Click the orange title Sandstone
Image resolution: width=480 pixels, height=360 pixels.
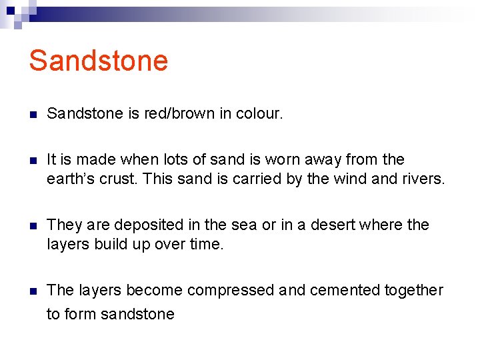click(x=98, y=61)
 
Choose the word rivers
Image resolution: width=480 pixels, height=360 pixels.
click(x=421, y=179)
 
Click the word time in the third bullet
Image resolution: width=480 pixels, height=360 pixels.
click(x=205, y=244)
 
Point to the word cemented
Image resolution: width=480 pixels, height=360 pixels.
click(x=341, y=290)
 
